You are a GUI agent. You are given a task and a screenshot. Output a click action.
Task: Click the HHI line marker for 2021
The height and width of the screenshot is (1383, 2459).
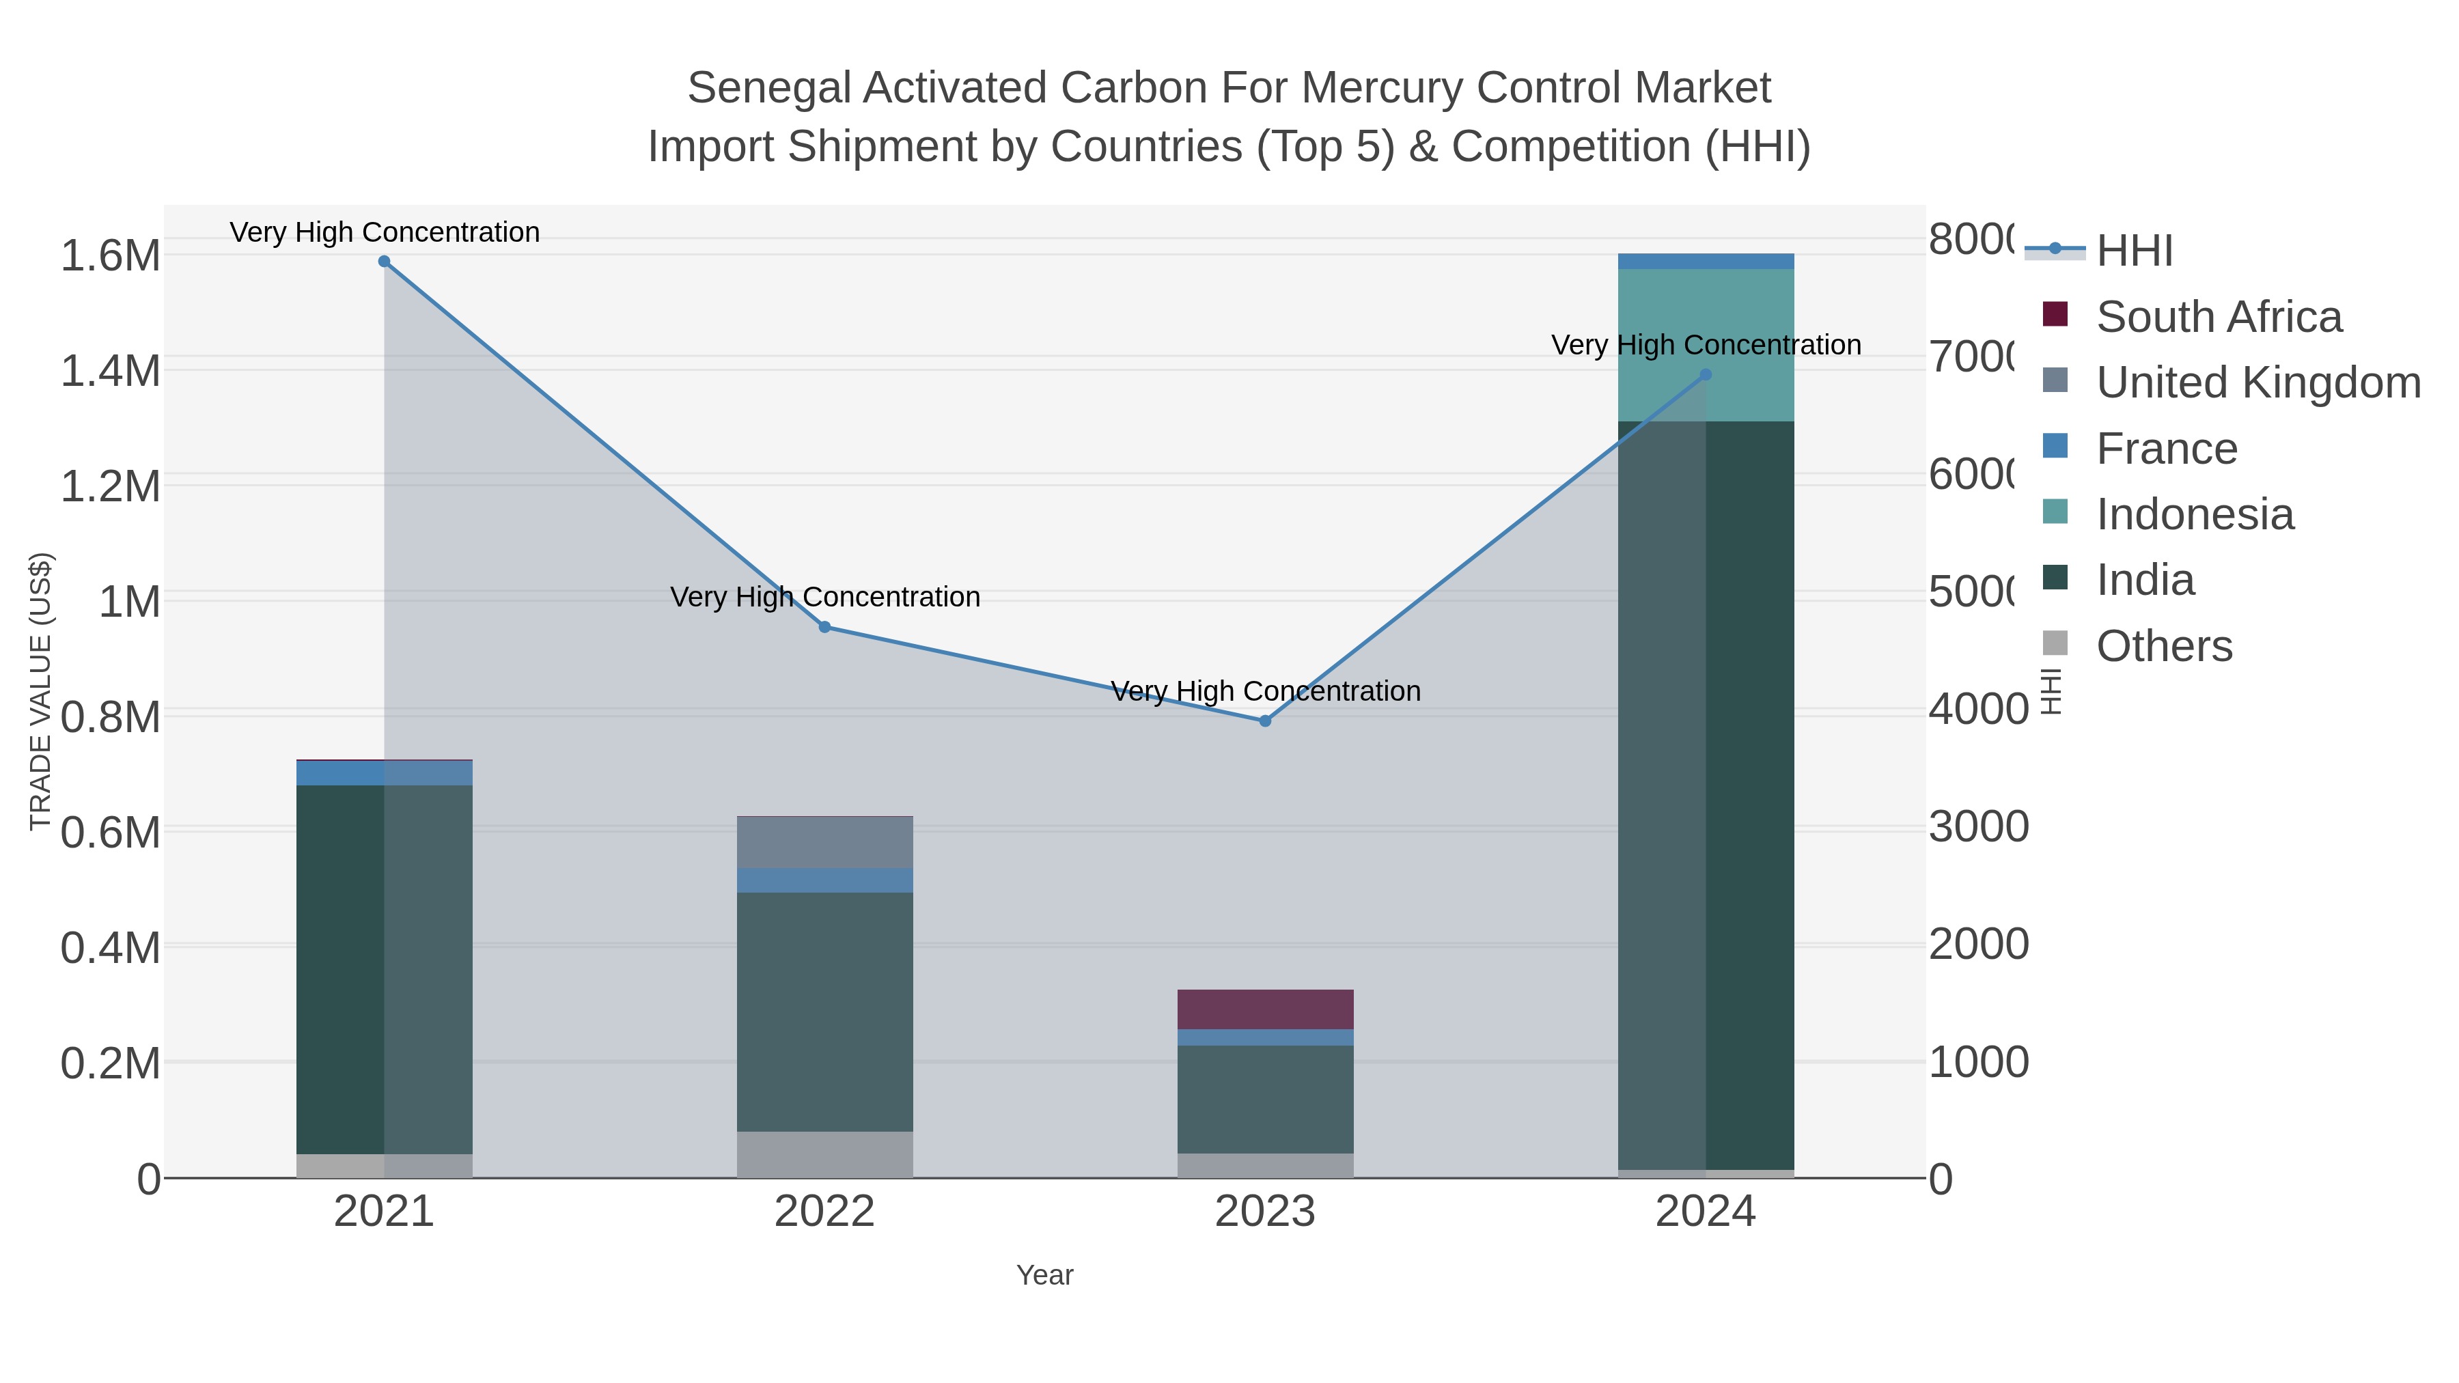(384, 262)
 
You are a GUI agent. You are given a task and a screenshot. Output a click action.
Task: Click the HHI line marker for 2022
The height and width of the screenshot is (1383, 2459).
(824, 627)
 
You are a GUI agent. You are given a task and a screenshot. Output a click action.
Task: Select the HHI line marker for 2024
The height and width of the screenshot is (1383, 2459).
(1706, 375)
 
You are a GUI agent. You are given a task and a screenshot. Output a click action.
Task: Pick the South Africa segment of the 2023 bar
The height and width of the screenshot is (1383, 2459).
(1265, 1009)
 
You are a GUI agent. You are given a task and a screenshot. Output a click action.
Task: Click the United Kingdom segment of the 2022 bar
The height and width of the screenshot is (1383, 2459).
(824, 842)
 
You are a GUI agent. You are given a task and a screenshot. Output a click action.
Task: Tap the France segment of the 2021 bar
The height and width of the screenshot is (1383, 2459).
(384, 773)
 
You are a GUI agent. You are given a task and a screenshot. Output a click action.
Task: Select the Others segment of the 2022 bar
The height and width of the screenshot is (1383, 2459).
(824, 1155)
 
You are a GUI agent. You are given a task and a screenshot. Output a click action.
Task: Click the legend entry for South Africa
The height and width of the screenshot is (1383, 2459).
(2219, 317)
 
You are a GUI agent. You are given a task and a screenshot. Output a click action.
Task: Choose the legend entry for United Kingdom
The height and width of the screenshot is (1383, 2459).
(2257, 382)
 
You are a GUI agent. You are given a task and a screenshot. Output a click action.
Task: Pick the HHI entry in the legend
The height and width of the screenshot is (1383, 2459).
(2135, 251)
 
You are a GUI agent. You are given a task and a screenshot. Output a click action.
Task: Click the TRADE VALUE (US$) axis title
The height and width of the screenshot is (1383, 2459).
(41, 691)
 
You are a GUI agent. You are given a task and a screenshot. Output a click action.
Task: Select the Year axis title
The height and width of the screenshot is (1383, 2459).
(1044, 1275)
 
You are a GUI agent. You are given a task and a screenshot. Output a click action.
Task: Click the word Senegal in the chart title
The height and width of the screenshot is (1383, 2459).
(768, 88)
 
